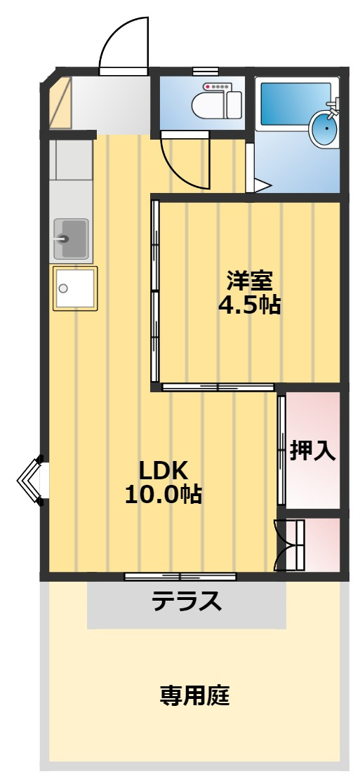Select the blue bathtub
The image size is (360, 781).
(x=295, y=104)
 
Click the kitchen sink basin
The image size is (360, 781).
(x=71, y=239)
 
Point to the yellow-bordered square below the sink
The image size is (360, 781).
(x=74, y=288)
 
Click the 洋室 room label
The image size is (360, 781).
(x=249, y=281)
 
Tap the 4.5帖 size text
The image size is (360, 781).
(x=249, y=305)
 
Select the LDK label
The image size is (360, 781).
(x=163, y=469)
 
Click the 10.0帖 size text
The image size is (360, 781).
(x=163, y=494)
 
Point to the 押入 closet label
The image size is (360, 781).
(x=312, y=450)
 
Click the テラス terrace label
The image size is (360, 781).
(x=187, y=601)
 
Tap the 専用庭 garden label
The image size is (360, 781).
(x=194, y=695)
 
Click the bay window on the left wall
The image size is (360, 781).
(x=31, y=480)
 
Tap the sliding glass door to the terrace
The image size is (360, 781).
(x=180, y=577)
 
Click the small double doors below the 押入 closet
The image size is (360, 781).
(x=289, y=545)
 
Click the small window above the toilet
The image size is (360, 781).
(x=206, y=70)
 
